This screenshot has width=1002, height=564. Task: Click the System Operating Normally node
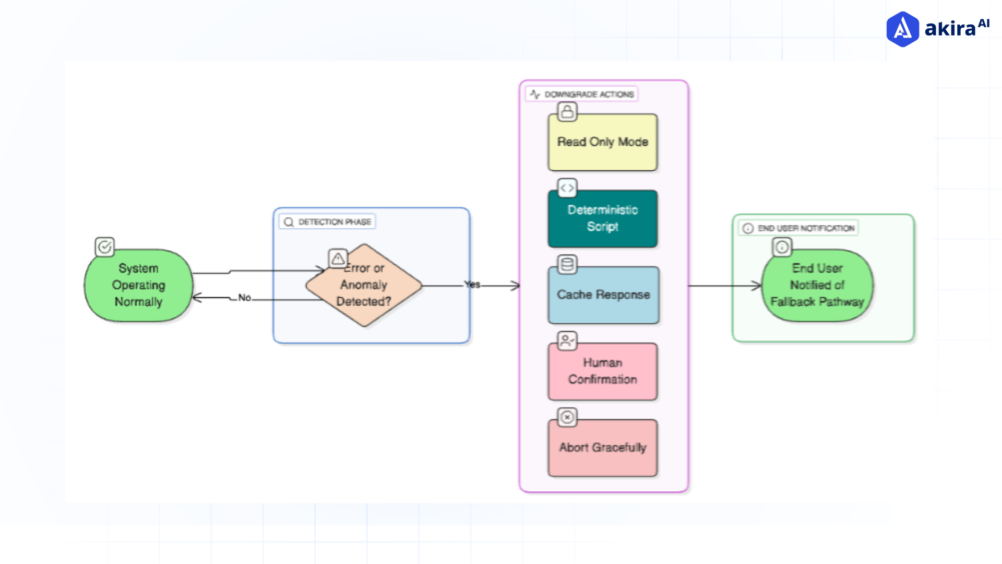138,285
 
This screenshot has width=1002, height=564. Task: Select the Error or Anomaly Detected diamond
364,286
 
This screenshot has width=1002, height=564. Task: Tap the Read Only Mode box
603,142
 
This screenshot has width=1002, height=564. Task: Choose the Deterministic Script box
603,218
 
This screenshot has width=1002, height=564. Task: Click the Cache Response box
603,295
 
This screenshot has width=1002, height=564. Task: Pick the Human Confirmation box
603,371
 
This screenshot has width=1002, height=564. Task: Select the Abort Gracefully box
603,448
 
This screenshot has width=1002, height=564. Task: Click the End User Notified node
817,285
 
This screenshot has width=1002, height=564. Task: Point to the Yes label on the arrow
472,285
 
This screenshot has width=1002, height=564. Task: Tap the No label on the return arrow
245,298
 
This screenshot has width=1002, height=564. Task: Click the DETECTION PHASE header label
335,222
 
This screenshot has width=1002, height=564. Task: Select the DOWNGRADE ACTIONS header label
589,95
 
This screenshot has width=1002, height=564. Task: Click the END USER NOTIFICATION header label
806,228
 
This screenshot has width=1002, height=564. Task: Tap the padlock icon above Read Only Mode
567,111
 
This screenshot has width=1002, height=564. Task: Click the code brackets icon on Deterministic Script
567,188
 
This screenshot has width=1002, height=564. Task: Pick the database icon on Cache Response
567,264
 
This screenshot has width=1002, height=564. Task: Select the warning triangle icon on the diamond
338,258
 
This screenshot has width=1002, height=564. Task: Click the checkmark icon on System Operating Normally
105,246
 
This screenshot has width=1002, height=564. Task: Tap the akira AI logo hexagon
902,29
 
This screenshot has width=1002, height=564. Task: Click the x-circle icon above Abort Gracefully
567,417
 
